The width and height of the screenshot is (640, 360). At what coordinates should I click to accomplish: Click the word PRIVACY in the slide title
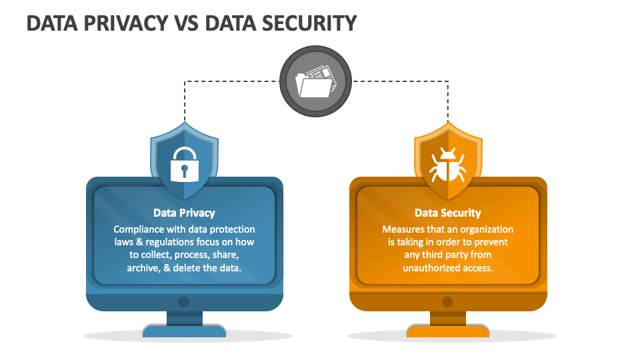[126, 23]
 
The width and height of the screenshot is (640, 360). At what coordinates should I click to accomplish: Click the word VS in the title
[187, 23]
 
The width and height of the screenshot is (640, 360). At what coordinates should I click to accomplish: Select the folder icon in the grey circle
[315, 81]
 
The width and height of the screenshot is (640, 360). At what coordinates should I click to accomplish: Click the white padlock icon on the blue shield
[185, 164]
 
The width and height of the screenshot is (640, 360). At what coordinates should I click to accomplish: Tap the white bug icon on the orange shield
[448, 165]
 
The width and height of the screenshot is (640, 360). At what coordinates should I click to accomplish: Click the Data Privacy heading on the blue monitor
[184, 213]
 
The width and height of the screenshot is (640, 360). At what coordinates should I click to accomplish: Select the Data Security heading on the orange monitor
[448, 213]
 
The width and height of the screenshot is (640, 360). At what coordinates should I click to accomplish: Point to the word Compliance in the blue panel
[139, 229]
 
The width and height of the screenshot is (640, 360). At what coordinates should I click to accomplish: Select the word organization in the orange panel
[487, 230]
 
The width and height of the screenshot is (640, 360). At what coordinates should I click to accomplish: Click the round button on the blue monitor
[184, 302]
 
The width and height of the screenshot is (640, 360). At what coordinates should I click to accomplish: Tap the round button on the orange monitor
[447, 302]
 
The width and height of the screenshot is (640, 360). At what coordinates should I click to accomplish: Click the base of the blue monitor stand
[184, 331]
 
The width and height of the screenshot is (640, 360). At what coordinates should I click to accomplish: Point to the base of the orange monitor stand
[448, 331]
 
